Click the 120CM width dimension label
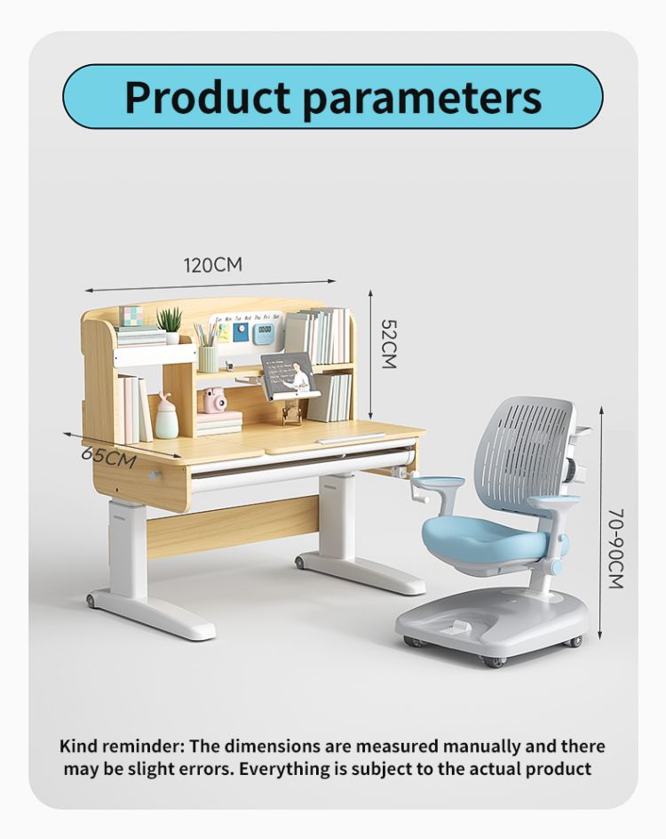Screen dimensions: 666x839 point(213,265)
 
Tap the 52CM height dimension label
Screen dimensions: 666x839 point(389,344)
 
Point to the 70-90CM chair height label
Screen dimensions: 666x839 point(616,548)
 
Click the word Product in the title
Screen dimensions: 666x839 point(208,98)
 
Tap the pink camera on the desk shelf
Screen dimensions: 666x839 point(214,401)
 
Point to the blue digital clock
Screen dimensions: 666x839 point(264,332)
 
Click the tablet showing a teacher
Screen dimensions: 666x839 point(289,375)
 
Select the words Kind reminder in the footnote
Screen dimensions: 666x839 point(123,746)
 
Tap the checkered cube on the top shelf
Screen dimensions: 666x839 point(131,316)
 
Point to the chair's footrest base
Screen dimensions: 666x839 point(492,619)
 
